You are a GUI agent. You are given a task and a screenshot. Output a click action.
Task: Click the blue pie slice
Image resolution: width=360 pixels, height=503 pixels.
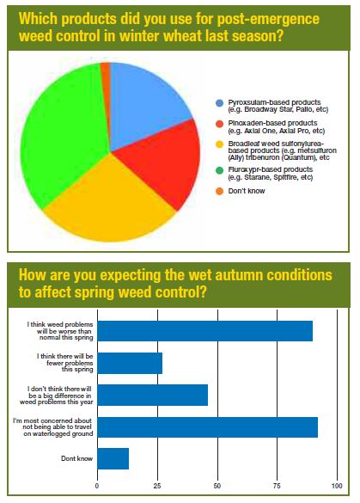(146, 102)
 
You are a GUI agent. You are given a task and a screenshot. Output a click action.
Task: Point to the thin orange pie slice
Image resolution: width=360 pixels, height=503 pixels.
(106, 69)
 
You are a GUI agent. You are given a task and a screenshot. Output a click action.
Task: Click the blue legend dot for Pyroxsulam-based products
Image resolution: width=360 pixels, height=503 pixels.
(219, 103)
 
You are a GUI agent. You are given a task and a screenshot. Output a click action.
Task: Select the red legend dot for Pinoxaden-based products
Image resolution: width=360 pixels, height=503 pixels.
(219, 124)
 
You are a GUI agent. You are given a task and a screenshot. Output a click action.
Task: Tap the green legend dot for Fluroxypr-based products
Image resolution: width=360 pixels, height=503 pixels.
(219, 170)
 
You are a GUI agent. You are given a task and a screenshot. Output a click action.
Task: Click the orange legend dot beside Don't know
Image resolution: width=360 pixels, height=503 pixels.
(219, 191)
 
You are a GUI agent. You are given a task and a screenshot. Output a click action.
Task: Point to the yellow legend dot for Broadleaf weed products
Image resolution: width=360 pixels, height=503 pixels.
(219, 144)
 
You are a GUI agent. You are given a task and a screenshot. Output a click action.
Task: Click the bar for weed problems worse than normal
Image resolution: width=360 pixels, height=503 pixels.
(204, 331)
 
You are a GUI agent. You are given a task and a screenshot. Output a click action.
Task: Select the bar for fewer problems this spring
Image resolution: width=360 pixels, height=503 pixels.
(130, 363)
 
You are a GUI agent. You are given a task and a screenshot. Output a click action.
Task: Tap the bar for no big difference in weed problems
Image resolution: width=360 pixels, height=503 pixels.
(153, 396)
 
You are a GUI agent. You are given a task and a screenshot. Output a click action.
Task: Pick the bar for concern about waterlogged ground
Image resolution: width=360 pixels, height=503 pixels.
(207, 427)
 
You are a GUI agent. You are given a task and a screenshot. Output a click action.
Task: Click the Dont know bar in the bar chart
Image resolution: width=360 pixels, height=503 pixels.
(113, 459)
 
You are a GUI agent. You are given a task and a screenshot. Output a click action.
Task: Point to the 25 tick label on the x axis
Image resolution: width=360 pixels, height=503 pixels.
(157, 486)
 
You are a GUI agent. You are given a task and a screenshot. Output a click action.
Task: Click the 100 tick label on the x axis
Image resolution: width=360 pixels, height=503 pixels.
(337, 486)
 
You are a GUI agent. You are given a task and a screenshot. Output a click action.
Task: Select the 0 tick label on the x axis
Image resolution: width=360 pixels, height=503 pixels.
(97, 486)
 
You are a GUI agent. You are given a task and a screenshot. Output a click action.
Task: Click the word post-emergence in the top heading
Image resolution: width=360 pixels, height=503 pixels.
(268, 19)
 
